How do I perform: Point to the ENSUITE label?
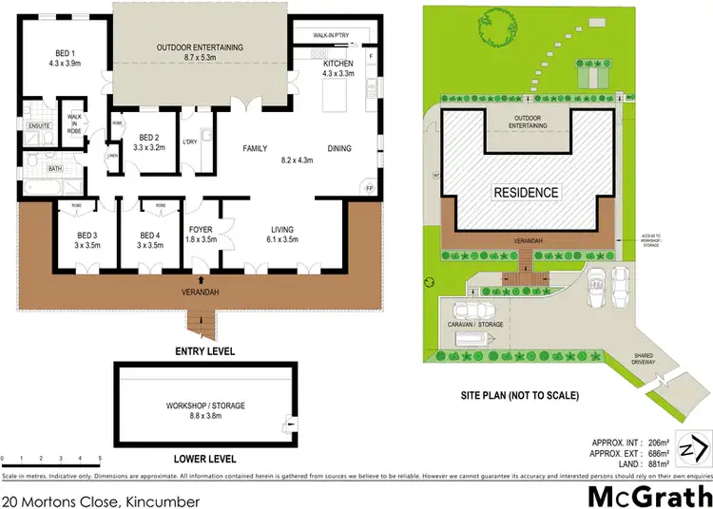pyautogui.click(x=39, y=125)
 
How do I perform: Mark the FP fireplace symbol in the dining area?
pyautogui.click(x=370, y=188)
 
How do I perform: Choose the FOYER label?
pyautogui.click(x=201, y=229)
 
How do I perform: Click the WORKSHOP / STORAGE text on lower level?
pyautogui.click(x=204, y=405)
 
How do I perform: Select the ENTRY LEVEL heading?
pyautogui.click(x=204, y=350)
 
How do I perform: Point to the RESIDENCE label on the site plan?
pyautogui.click(x=525, y=193)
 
